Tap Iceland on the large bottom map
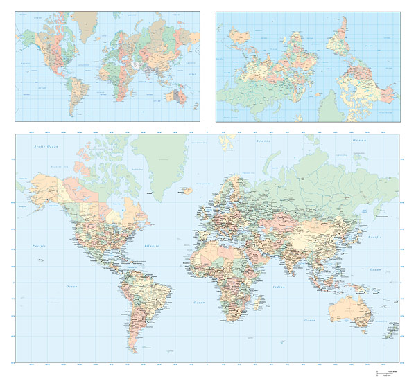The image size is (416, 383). [186, 190]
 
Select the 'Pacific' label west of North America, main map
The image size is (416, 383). [38, 247]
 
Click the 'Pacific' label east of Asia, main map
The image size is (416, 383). [375, 238]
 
